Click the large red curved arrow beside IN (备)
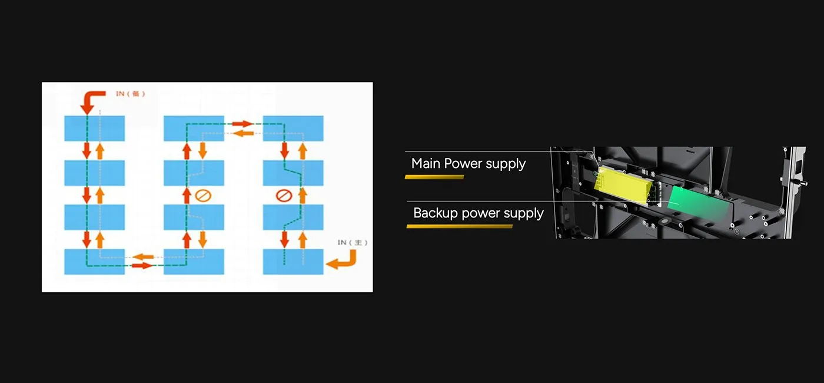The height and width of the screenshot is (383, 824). click(91, 101)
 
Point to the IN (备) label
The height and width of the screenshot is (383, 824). click(130, 94)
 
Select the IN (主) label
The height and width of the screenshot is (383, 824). click(352, 242)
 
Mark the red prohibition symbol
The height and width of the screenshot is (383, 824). click(284, 194)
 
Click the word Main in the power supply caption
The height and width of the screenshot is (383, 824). click(426, 163)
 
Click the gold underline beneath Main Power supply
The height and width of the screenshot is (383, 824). click(434, 177)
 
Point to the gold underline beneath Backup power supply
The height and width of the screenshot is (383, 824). click(459, 226)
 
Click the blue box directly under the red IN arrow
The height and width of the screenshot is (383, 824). click(94, 128)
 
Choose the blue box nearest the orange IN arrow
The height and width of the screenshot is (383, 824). click(293, 262)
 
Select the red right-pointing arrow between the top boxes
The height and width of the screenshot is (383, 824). click(242, 124)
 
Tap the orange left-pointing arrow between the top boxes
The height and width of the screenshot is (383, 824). click(244, 134)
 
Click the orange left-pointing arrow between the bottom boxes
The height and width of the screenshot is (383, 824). click(144, 256)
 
